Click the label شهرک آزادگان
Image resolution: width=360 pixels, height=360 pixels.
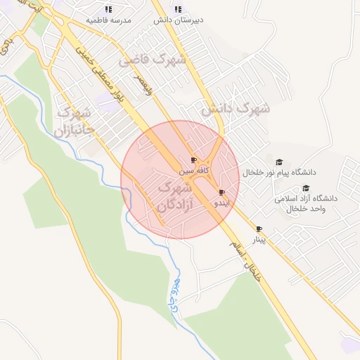171,197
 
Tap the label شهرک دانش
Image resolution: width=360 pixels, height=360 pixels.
236,109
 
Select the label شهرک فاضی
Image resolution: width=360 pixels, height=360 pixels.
153,60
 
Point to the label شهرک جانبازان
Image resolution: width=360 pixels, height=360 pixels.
72,121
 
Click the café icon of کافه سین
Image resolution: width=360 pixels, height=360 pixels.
194,160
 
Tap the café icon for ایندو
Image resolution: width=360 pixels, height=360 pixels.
222,192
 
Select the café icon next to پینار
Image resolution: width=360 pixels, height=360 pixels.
259,229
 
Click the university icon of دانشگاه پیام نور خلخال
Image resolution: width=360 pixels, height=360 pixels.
278,162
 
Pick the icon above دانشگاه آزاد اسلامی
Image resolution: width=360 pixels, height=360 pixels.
306,188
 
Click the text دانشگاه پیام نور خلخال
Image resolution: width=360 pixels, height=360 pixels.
280,172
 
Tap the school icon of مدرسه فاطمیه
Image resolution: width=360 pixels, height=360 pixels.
108,9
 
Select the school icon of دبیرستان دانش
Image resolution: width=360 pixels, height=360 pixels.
177,9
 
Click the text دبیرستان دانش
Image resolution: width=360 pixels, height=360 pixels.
179,20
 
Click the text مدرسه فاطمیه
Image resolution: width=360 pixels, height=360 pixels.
109,20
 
